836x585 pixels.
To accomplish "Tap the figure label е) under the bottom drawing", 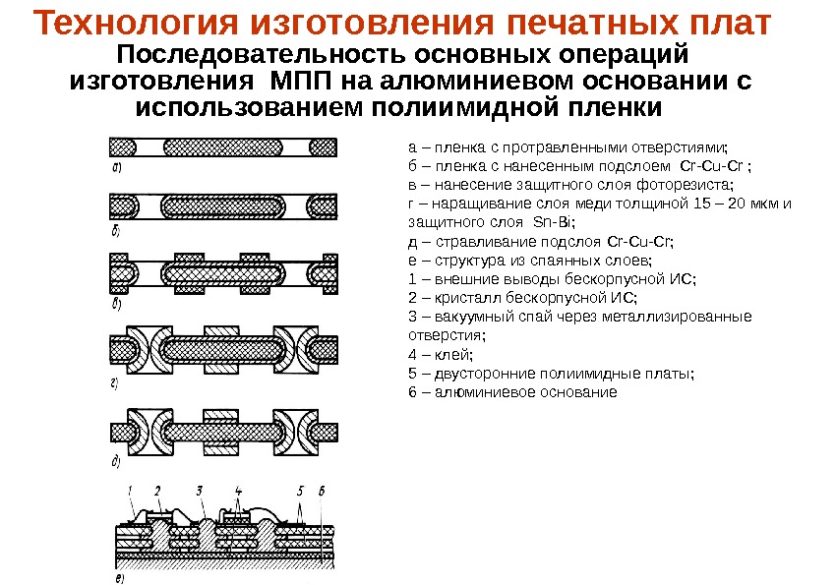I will point(119,577).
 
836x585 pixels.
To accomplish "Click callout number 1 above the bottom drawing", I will point(129,489).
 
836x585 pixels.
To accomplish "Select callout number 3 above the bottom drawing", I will point(199,489).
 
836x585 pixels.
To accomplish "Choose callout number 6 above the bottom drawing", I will point(323,489).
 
